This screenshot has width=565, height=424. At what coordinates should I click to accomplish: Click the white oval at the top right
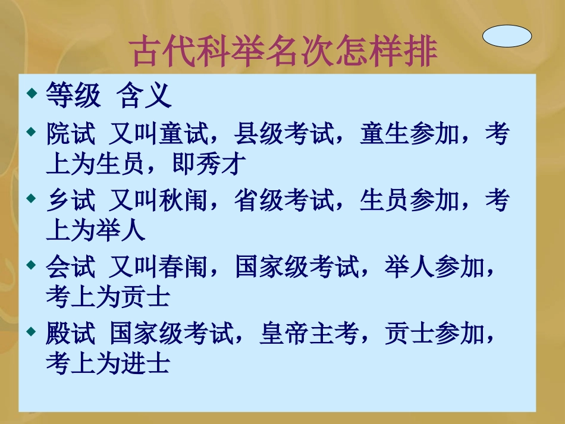click(x=507, y=37)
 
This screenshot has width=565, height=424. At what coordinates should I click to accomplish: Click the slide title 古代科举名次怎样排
click(x=284, y=52)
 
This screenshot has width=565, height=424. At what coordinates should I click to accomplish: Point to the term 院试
click(x=70, y=135)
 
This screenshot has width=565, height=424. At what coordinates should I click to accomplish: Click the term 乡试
click(x=70, y=202)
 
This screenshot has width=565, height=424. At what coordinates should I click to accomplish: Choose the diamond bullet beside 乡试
click(x=32, y=199)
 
